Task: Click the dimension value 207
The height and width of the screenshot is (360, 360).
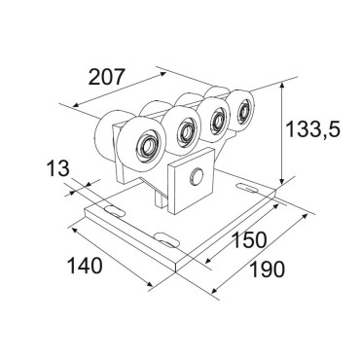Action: (106, 77)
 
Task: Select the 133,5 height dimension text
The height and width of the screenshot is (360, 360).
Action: (312, 129)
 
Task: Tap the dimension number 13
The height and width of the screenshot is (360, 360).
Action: (58, 169)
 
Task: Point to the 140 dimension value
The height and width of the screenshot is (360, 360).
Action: (85, 266)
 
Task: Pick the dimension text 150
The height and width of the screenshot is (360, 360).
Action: (249, 239)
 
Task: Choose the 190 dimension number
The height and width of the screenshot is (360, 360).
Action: (268, 269)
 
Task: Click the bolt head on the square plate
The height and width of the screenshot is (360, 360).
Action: (197, 177)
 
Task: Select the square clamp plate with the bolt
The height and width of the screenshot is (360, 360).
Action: (191, 181)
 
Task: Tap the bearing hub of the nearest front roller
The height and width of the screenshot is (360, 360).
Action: (147, 146)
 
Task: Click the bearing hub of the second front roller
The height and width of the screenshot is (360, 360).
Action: (186, 131)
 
